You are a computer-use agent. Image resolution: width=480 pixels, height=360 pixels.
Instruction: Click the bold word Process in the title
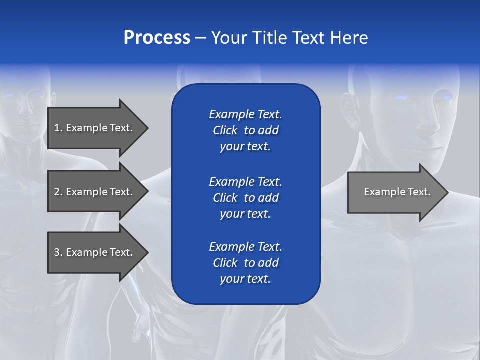[x=157, y=38]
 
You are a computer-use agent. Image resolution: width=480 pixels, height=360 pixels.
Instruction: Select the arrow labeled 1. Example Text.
[x=93, y=128]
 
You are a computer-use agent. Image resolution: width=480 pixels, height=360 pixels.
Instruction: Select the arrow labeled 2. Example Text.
[x=93, y=192]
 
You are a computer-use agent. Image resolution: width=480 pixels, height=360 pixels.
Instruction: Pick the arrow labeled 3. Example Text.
[x=93, y=252]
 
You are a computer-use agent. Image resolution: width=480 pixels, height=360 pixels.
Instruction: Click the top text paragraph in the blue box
[x=245, y=130]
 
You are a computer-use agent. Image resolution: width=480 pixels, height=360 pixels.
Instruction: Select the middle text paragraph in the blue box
[x=245, y=197]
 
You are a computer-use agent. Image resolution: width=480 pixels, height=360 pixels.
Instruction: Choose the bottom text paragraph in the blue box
[x=245, y=263]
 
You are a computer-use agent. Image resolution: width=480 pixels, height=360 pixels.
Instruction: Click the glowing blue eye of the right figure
[x=401, y=97]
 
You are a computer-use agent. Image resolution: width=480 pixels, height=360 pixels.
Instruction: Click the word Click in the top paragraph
[x=225, y=130]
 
